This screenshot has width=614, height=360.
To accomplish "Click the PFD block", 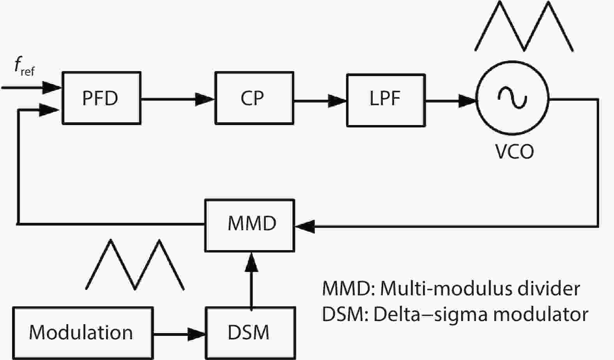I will pos(101,98).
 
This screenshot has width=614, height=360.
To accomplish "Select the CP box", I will pos(254,98).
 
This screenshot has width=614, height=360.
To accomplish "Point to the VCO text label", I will pos(514,152).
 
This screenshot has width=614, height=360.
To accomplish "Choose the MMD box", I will pos(249,225).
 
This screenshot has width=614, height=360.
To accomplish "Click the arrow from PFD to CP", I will pos(177,99).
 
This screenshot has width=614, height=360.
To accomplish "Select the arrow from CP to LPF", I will pos(320,101).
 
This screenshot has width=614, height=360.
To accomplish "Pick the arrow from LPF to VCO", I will pos(450,101).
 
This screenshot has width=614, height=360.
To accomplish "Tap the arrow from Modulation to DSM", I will pos(179,334).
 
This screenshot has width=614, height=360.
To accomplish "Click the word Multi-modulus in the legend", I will pos(435,289).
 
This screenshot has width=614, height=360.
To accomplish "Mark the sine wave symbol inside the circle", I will pos(512,97).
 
